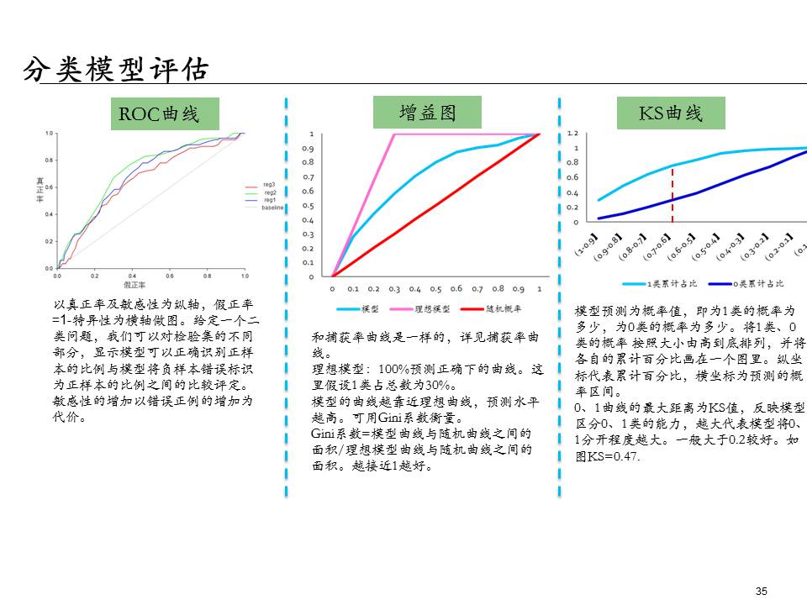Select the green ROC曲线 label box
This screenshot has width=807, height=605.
point(165,113)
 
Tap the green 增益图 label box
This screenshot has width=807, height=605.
point(427,112)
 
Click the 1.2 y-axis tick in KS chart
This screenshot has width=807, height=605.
point(575,134)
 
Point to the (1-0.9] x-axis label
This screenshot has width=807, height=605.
point(587,245)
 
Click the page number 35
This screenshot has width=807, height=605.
point(762,592)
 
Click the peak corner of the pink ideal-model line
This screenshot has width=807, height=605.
point(394,134)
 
